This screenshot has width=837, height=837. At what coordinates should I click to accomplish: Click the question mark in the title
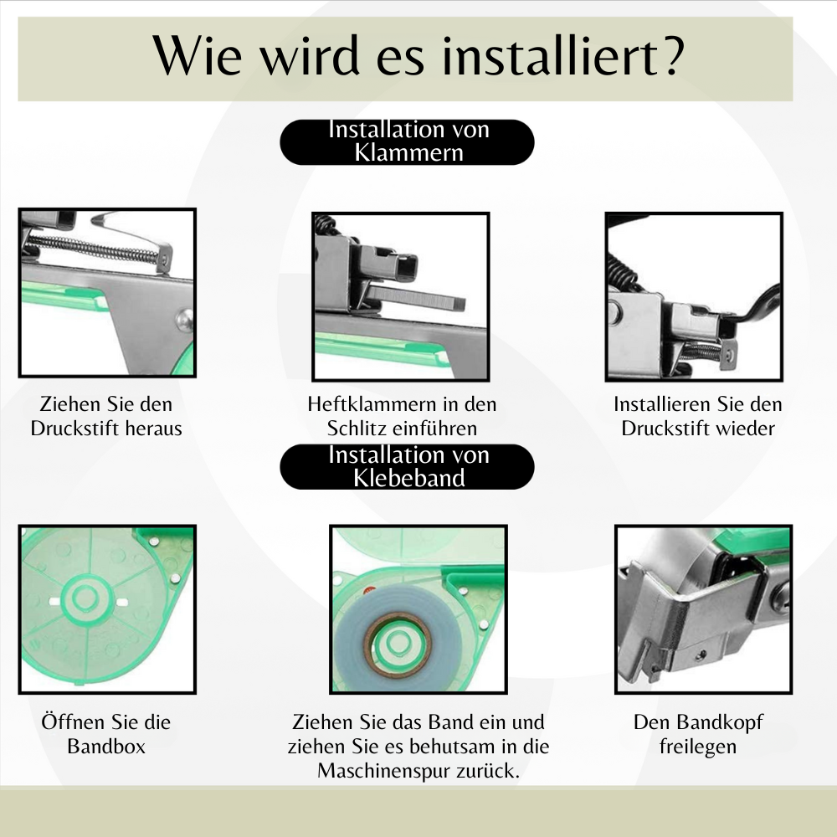(x=670, y=55)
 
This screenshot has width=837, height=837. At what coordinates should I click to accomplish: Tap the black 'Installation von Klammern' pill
(x=407, y=142)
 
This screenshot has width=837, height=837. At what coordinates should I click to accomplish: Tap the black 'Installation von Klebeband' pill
(x=407, y=466)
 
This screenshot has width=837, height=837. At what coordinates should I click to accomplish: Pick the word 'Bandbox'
(x=106, y=747)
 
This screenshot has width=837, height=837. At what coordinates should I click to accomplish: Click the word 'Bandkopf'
(x=724, y=722)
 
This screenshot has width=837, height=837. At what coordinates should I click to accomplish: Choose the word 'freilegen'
(x=698, y=747)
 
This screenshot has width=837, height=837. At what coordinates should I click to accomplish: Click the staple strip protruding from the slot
(x=416, y=297)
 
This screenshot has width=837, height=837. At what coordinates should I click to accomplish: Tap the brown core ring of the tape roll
(x=398, y=644)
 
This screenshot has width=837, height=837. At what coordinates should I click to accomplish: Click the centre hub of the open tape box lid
(x=85, y=597)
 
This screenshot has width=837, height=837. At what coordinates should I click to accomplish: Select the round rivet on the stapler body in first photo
(x=185, y=319)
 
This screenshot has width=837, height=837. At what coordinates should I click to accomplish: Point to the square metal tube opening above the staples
(x=408, y=266)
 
